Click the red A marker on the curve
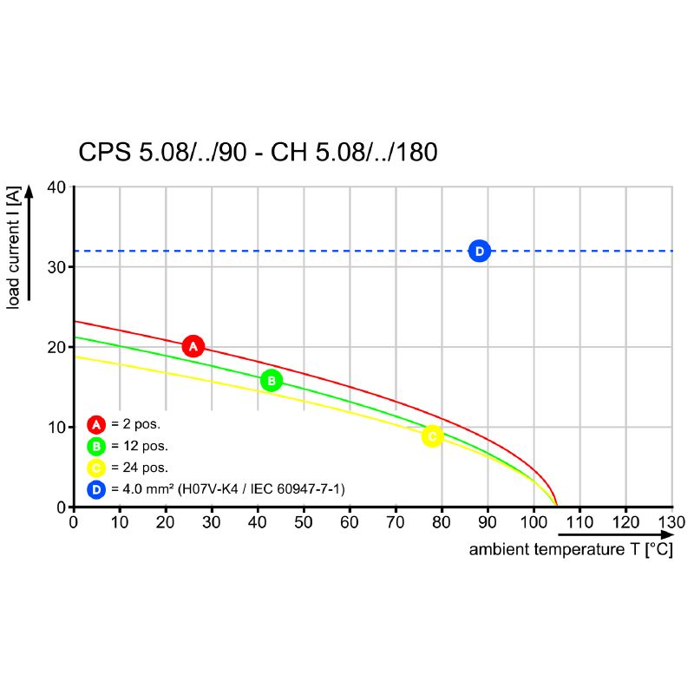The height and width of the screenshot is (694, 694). (x=193, y=346)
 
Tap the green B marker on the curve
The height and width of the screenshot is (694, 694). (x=271, y=380)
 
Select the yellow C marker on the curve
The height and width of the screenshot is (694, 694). (x=432, y=435)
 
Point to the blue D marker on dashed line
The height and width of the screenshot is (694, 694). (x=479, y=251)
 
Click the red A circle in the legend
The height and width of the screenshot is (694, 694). (x=96, y=424)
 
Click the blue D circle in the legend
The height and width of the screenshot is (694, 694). (x=96, y=489)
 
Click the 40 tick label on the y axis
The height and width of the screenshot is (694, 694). (x=56, y=187)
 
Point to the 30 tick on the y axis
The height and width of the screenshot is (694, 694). (x=56, y=266)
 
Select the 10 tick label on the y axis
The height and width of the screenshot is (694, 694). (x=56, y=427)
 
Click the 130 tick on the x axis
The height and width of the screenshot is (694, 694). (x=671, y=522)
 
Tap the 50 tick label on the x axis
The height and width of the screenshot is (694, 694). (x=303, y=522)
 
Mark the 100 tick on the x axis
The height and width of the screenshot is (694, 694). (x=533, y=522)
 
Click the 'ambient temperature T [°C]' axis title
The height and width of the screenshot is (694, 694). (x=570, y=550)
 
